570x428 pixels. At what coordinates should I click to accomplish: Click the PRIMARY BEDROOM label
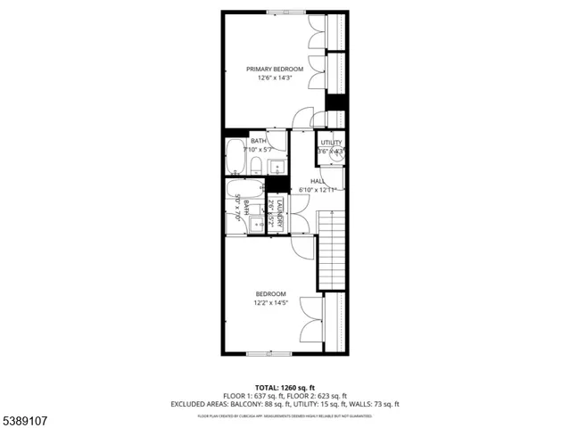275,69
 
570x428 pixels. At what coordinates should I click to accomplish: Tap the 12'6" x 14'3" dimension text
275,78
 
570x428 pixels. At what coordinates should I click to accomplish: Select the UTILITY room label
332,143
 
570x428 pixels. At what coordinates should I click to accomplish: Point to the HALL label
318,181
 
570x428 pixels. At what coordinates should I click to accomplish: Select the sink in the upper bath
277,167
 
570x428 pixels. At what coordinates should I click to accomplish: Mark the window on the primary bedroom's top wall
284,11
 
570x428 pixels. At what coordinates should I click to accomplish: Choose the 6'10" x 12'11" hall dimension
318,190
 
